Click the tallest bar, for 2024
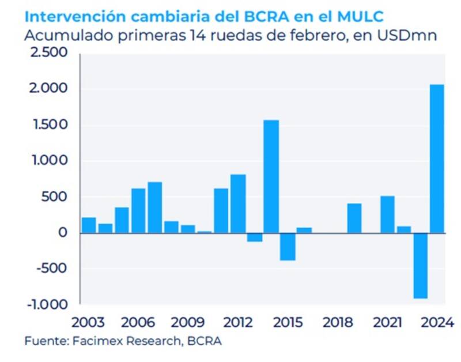tap(437, 159)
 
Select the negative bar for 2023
tap(420, 266)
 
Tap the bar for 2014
tap(271, 176)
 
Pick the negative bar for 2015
tap(288, 247)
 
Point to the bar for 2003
tap(89, 225)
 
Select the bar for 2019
tap(354, 218)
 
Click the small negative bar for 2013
tap(254, 237)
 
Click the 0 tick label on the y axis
tap(63, 233)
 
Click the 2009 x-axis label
tap(188, 320)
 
